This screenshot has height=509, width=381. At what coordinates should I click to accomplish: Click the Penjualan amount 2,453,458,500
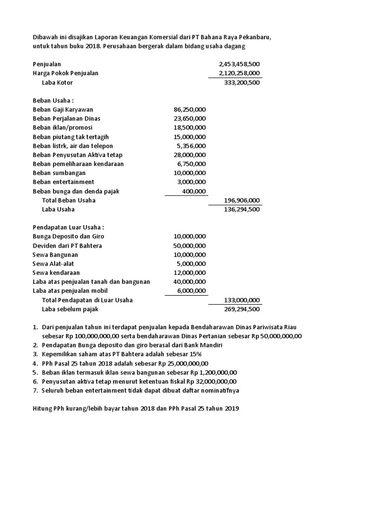(x=239, y=64)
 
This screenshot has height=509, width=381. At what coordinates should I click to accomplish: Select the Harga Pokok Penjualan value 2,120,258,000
(x=239, y=73)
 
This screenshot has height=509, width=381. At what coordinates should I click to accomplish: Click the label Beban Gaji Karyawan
(x=63, y=109)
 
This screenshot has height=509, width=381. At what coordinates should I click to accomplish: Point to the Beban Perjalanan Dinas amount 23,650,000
(x=190, y=118)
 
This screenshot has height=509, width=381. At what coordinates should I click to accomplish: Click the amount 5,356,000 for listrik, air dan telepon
(x=191, y=146)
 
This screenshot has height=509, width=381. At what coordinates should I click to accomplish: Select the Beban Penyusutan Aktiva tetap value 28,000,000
(x=190, y=155)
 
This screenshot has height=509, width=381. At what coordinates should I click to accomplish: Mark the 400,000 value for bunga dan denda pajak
(x=194, y=191)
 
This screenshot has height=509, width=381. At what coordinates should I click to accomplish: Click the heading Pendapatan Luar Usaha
(x=68, y=227)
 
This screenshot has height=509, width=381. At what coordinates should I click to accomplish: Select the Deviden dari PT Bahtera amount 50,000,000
(x=190, y=246)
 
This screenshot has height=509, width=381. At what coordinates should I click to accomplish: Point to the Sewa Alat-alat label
(x=53, y=264)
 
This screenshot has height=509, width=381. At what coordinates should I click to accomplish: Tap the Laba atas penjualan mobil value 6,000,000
(x=191, y=291)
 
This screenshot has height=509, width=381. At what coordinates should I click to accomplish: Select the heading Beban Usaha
(x=53, y=100)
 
